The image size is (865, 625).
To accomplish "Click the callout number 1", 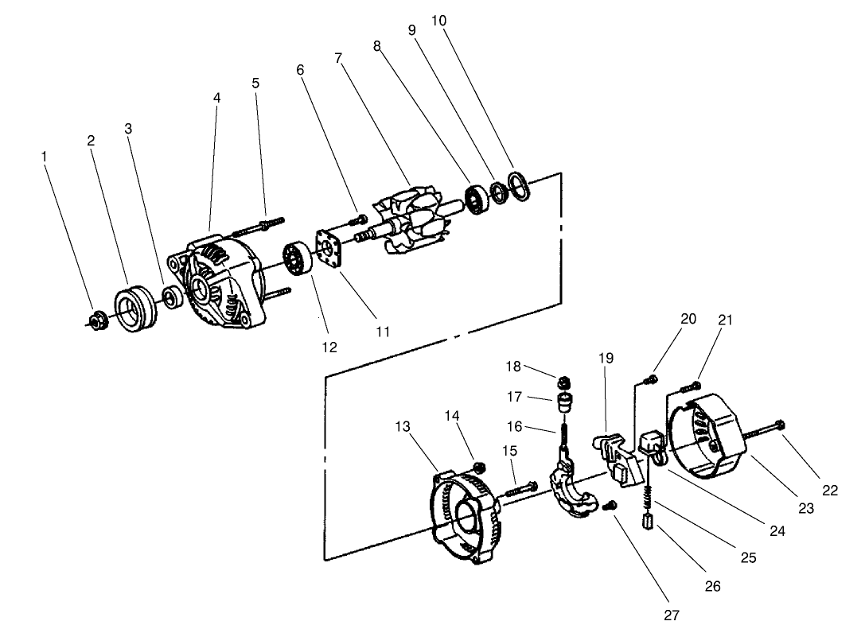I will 44,157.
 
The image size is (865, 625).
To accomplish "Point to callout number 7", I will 338,59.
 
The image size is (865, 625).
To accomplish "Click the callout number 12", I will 329,347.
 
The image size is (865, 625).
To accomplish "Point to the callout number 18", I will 513,367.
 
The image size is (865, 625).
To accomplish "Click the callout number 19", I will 606,359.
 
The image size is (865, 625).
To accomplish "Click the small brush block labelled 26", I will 649,523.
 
